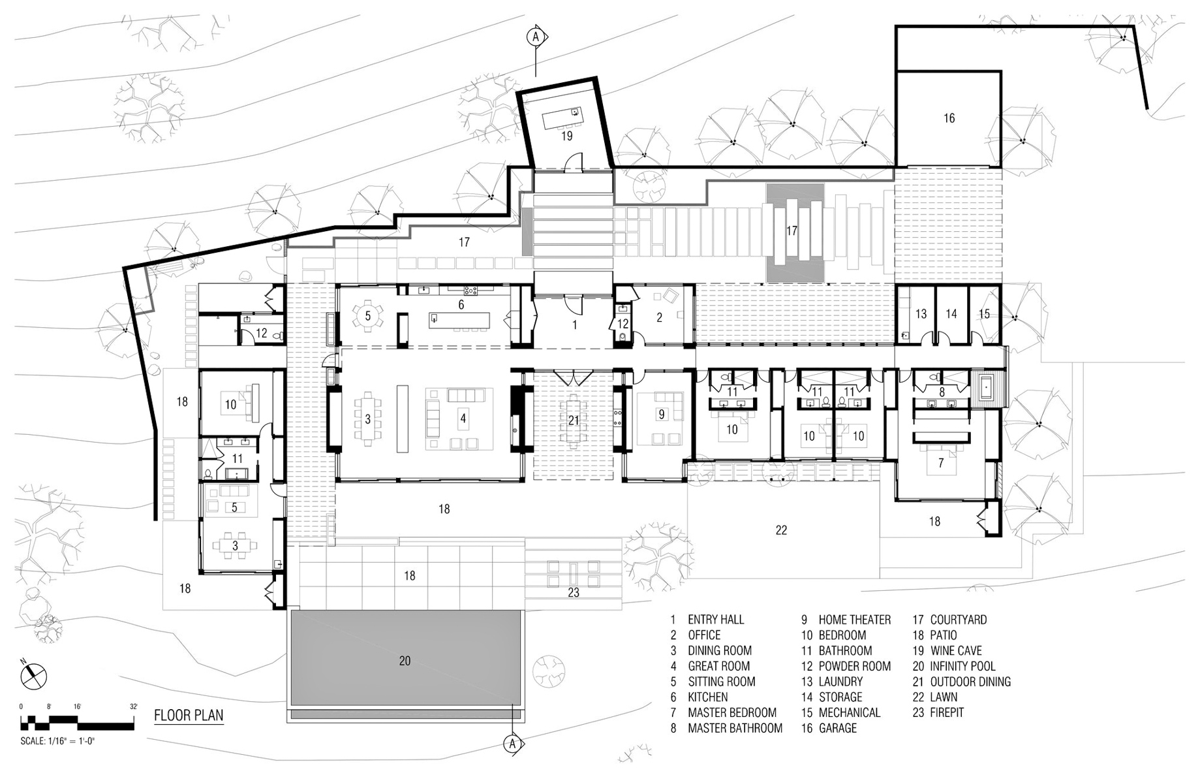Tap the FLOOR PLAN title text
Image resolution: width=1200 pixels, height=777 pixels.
pyautogui.click(x=189, y=715)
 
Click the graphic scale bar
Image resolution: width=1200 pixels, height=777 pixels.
pyautogui.click(x=78, y=722)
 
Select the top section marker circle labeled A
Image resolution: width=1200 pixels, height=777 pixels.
pyautogui.click(x=536, y=38)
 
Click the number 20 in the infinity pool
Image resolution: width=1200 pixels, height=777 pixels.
pyautogui.click(x=405, y=661)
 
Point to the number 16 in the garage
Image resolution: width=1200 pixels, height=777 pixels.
pyautogui.click(x=949, y=118)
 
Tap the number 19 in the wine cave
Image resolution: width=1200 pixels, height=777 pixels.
pyautogui.click(x=566, y=136)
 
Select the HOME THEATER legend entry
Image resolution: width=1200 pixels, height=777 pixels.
pyautogui.click(x=846, y=620)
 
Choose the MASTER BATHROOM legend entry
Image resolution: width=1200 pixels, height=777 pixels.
pyautogui.click(x=727, y=728)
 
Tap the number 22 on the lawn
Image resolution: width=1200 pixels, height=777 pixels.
pyautogui.click(x=781, y=530)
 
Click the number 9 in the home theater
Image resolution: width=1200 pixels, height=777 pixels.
pyautogui.click(x=661, y=414)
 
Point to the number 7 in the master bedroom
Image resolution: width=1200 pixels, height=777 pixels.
pyautogui.click(x=941, y=464)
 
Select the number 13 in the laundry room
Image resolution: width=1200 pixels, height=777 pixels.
pyautogui.click(x=921, y=314)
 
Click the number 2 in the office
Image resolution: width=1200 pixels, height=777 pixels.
pyautogui.click(x=660, y=318)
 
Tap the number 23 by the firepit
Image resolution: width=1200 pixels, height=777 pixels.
pyautogui.click(x=573, y=594)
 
